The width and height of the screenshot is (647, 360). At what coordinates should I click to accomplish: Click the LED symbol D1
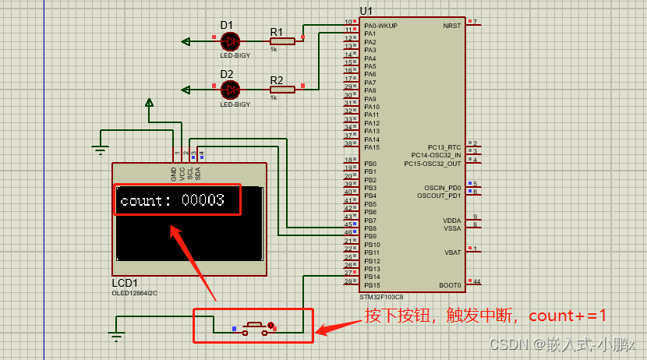coord(230,41)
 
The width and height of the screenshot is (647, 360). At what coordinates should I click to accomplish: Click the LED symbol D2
coord(230,90)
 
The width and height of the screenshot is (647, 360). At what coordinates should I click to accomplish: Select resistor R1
coord(281,41)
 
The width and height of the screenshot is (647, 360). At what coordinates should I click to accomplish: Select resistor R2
coord(281,89)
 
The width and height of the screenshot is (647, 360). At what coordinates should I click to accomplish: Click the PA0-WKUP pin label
coord(380,26)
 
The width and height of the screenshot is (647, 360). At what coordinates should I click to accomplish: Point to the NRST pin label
coord(451,26)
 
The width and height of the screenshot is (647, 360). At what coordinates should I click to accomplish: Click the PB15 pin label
coord(371,285)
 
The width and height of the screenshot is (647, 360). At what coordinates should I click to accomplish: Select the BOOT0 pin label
coord(450,285)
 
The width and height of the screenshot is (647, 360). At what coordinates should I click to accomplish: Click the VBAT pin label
coord(452,252)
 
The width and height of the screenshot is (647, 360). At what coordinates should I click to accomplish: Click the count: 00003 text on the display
coord(172,200)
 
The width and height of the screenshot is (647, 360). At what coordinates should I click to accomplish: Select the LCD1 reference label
coord(125,283)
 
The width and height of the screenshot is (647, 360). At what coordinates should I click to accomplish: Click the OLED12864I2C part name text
coord(135,293)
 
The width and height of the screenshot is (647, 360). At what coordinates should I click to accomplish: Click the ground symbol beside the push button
coord(117,337)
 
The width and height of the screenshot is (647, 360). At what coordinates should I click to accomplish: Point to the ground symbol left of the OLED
coord(100,150)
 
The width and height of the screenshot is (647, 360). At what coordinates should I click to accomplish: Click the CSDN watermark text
coord(561,344)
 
